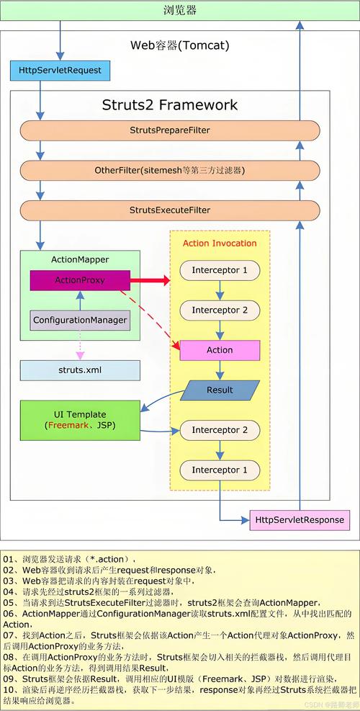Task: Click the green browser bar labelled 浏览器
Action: tap(180, 10)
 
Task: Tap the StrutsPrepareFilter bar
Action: tap(170, 130)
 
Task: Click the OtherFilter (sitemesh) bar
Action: tap(170, 171)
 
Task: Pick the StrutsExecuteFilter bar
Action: tap(170, 210)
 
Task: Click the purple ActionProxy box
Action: tap(80, 280)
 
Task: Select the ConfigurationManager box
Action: tap(80, 320)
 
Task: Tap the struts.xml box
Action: tap(80, 370)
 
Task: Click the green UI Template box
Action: tap(80, 420)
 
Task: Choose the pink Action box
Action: tap(220, 350)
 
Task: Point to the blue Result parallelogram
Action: tap(220, 390)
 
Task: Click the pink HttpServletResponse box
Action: tap(300, 519)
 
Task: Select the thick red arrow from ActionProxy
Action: tap(150, 281)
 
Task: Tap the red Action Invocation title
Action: tap(220, 243)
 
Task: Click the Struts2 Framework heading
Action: tap(170, 104)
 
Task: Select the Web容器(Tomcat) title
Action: tap(180, 45)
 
